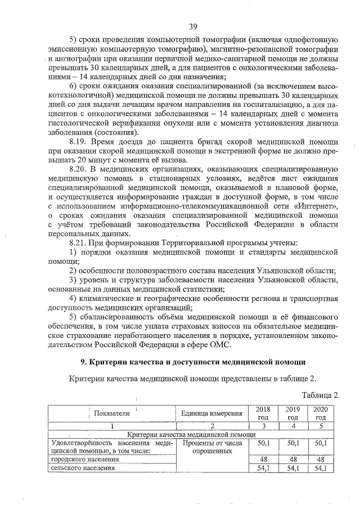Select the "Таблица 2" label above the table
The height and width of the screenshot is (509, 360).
click(x=319, y=395)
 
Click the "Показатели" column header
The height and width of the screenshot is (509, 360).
click(x=112, y=413)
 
